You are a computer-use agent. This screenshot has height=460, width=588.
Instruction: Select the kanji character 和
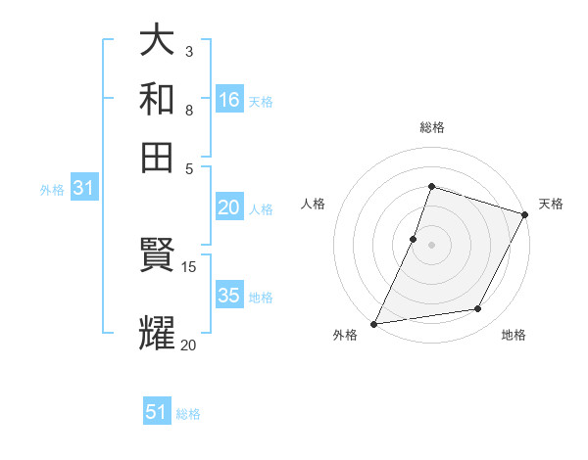(x=158, y=99)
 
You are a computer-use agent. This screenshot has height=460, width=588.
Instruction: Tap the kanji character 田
(x=158, y=157)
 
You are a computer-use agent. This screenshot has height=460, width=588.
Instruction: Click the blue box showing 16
(x=229, y=99)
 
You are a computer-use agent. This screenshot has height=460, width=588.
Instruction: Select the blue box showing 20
(x=229, y=207)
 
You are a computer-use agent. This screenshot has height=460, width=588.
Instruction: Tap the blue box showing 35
(x=229, y=297)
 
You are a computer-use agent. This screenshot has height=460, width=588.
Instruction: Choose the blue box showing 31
(x=83, y=189)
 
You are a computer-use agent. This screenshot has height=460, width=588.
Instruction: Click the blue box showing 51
(x=157, y=412)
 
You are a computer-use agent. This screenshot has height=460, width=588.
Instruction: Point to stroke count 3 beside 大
(x=188, y=50)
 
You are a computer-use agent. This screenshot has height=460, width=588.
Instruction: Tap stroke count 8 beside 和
(x=188, y=110)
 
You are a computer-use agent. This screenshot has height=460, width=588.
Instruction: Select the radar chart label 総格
(x=431, y=127)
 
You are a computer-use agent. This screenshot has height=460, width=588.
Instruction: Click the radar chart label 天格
(x=551, y=204)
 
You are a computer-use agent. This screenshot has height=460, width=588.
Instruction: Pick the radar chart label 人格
(x=313, y=204)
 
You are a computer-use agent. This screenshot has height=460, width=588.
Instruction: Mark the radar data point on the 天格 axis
(x=525, y=213)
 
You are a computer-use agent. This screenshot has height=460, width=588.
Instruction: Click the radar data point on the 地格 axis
(x=478, y=309)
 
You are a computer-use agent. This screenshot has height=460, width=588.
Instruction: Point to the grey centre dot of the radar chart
(x=431, y=244)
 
